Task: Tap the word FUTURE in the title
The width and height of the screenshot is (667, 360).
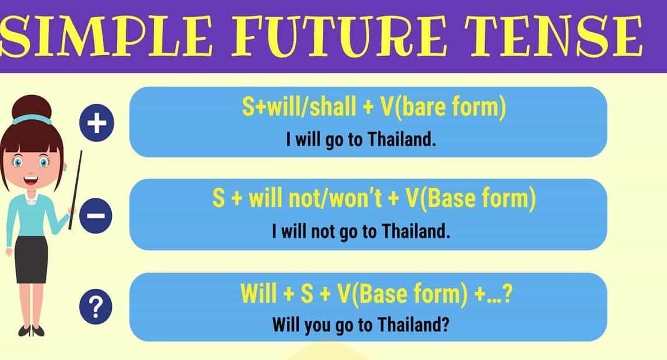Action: [x=339, y=36]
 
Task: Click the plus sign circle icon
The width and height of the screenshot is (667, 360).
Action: [x=96, y=123]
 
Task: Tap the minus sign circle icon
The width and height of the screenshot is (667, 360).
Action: [x=96, y=216]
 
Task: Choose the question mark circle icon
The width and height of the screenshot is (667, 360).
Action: [x=96, y=307]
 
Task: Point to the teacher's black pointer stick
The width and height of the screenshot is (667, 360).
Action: [x=75, y=190]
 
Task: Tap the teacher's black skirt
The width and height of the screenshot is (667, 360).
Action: [x=31, y=259]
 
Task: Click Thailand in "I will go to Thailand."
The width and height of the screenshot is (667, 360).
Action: [x=402, y=139]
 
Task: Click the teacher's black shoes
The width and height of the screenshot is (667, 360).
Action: [x=31, y=330]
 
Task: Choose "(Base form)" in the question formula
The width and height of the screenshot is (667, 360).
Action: [x=411, y=294]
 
